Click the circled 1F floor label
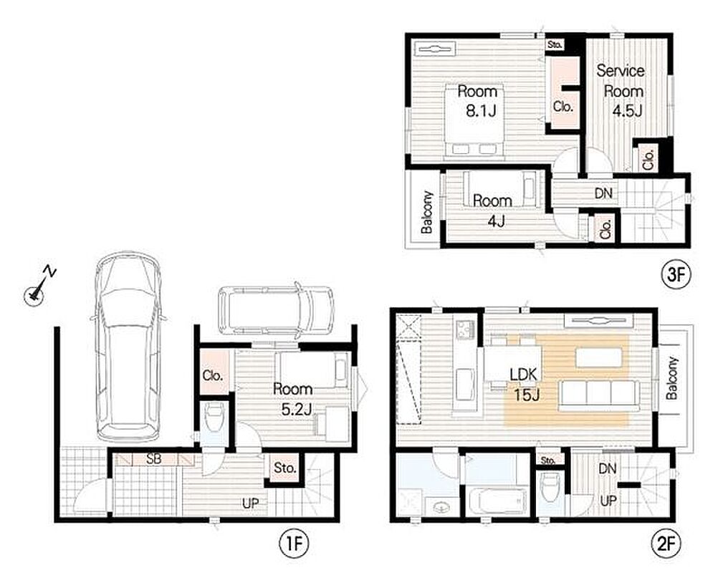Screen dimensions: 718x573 [x=294, y=543]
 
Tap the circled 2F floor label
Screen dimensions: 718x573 [x=666, y=543]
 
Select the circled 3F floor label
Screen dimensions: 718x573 [x=676, y=274]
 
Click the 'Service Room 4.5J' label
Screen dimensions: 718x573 [x=621, y=91]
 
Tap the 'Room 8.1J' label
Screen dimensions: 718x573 [x=479, y=101]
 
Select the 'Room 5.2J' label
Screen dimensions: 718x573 [x=294, y=399]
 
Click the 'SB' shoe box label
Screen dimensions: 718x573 [x=154, y=459]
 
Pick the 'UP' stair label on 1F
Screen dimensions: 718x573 [x=251, y=504]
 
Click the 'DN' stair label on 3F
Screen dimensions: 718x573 [x=603, y=193]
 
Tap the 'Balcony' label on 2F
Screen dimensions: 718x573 [x=671, y=378]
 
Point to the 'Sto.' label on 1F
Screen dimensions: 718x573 [x=284, y=468]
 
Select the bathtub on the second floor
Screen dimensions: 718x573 [x=497, y=500]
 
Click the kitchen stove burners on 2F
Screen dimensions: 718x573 [x=466, y=328]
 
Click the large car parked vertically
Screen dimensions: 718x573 [x=128, y=346]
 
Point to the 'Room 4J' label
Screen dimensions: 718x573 [x=493, y=211]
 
